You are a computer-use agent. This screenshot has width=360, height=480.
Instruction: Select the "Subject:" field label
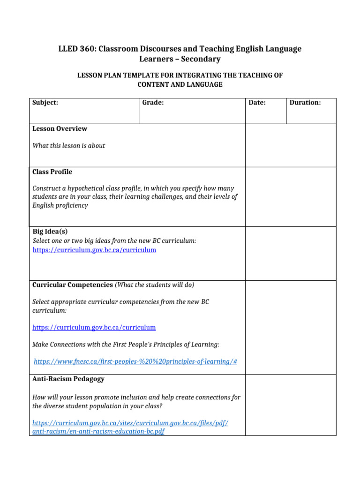(x=45, y=103)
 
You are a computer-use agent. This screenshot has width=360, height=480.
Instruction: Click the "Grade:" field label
(x=153, y=103)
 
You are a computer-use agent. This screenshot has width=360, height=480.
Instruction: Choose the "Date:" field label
(x=257, y=103)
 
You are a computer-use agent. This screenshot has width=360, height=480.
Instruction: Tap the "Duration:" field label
(x=305, y=103)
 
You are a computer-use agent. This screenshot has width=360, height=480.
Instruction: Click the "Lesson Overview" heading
(x=60, y=129)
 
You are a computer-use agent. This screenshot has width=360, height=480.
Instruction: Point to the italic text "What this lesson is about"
(x=68, y=146)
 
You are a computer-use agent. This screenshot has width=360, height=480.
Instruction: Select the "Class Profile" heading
(x=52, y=172)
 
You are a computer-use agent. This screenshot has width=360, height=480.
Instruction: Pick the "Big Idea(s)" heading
(x=50, y=232)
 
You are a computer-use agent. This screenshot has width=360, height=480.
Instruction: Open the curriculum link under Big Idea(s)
(x=94, y=250)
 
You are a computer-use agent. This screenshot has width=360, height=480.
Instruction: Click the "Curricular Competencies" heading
(x=72, y=285)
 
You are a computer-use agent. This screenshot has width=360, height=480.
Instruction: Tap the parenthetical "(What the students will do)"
(x=155, y=285)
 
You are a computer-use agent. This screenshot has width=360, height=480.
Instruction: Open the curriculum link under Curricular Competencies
(x=94, y=328)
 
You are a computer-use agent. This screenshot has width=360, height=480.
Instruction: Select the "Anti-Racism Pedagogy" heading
(x=68, y=379)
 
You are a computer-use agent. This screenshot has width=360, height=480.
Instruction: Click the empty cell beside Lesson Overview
(x=291, y=145)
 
